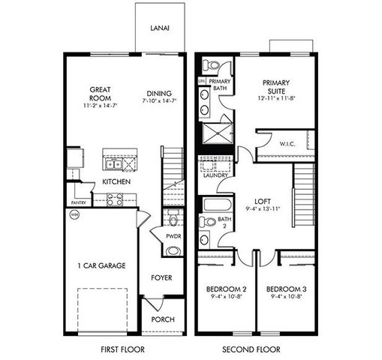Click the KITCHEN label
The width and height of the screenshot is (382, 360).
[x=117, y=181]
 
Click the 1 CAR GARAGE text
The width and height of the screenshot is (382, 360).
[x=101, y=265]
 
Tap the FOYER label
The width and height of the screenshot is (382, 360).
[x=161, y=277]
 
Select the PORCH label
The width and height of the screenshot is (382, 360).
[x=163, y=319]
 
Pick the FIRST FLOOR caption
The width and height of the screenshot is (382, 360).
[x=122, y=349]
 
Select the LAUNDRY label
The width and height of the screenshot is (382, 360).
[x=214, y=175]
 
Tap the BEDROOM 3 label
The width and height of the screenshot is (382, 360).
[x=285, y=289]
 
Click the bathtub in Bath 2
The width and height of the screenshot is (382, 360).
[x=220, y=204]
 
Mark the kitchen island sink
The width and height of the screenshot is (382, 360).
[x=112, y=164]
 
